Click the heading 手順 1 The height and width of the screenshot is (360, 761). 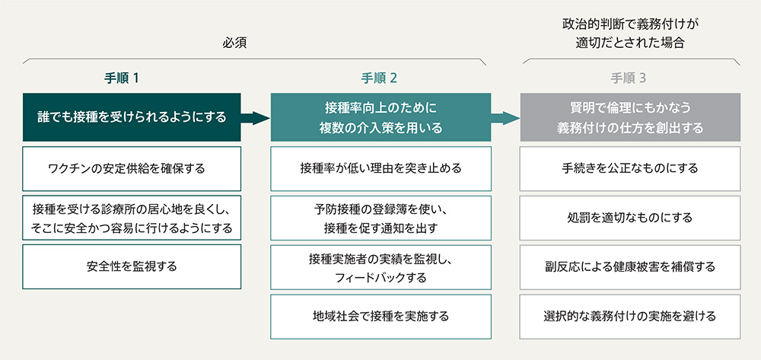coord(122,78)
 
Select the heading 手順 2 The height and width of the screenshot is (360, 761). coord(380,78)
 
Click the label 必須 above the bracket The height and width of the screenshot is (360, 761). coord(235,43)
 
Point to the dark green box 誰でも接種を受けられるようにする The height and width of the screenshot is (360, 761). coord(132,117)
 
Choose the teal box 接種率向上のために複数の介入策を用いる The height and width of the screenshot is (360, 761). coord(380,117)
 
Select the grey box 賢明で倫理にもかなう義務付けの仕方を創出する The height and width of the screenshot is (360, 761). coord(630,117)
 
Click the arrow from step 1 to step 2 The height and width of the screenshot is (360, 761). coord(255,118)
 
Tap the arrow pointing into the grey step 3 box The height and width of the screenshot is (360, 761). coord(505,118)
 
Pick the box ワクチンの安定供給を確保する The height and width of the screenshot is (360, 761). coord(132,169)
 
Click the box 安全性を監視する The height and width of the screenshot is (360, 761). coord(132,266)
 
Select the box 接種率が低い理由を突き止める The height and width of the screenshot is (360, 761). coord(380,169)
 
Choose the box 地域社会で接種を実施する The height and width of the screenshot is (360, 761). coord(380,317)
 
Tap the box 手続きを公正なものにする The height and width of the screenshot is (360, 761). coord(630,169)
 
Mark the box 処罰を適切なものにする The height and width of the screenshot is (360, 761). coord(630,218)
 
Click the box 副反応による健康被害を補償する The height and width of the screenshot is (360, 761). coord(630,267)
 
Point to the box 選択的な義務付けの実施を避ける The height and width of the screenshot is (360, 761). coord(630,317)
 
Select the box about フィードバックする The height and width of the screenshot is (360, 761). coord(380,267)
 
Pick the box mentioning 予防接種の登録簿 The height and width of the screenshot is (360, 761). coord(380,218)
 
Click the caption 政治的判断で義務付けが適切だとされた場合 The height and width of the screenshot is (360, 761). coord(630,33)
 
